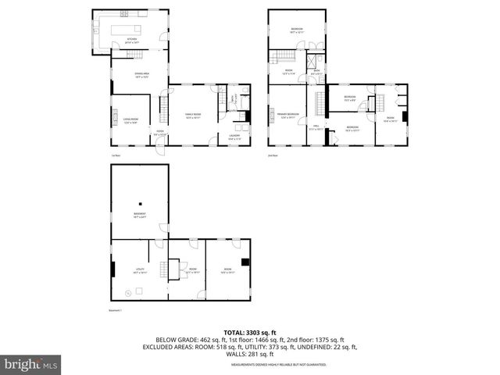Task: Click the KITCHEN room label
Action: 132,40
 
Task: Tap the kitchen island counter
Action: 126,29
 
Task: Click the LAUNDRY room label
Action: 234,137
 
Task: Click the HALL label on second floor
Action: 316,127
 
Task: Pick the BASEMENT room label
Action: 139,215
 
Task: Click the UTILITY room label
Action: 139,270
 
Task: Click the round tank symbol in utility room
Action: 128,293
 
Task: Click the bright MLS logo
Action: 31,364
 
